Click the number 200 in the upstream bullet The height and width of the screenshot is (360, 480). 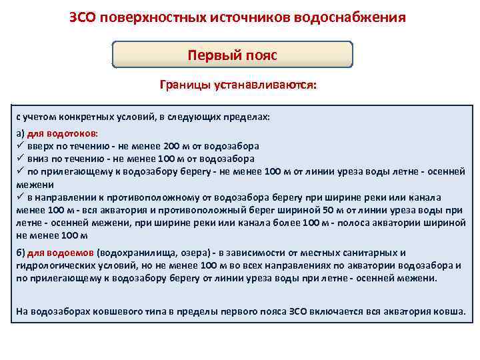point(172,145)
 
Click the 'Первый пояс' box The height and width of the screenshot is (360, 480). point(232,55)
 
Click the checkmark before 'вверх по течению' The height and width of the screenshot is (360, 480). point(20,145)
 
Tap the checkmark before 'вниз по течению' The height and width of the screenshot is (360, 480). point(20,159)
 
